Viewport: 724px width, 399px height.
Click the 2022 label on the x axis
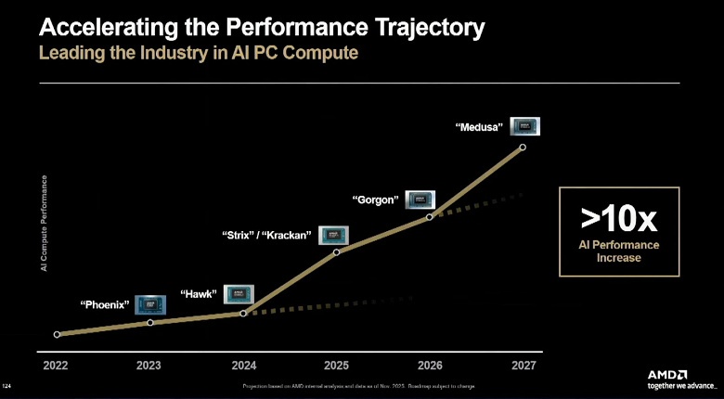tap(56, 366)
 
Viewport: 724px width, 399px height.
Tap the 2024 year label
tap(243, 366)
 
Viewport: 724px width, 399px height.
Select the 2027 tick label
tap(524, 366)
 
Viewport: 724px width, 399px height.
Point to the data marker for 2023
tap(150, 323)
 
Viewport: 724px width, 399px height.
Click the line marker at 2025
tap(336, 251)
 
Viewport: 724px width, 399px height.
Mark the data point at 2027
tap(524, 147)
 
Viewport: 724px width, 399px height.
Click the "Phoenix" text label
tap(104, 304)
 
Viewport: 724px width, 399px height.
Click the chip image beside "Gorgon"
tap(420, 198)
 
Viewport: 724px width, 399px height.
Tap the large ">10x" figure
tap(618, 218)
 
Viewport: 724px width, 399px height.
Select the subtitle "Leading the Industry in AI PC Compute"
tap(197, 53)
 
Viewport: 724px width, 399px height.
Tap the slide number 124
tap(8, 384)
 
